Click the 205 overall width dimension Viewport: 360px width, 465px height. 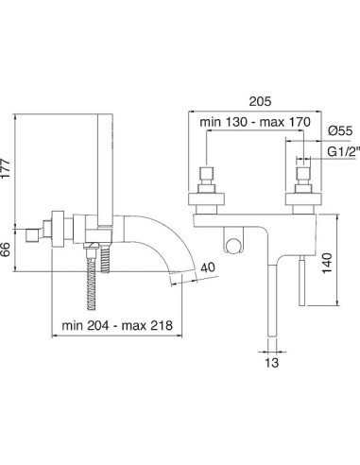tap(260, 101)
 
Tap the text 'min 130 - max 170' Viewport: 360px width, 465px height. tap(255, 122)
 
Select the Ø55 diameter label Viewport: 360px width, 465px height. tap(340, 130)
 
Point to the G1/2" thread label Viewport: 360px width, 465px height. tap(343, 152)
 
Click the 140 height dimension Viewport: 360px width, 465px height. tap(327, 263)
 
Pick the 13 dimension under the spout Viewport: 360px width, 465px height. tap(271, 363)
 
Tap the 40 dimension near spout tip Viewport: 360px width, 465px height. tap(208, 267)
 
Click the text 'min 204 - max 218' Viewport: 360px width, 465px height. tap(117, 325)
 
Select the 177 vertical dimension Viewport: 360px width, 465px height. tap(6, 168)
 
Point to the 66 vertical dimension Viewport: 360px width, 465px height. tap(6, 249)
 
